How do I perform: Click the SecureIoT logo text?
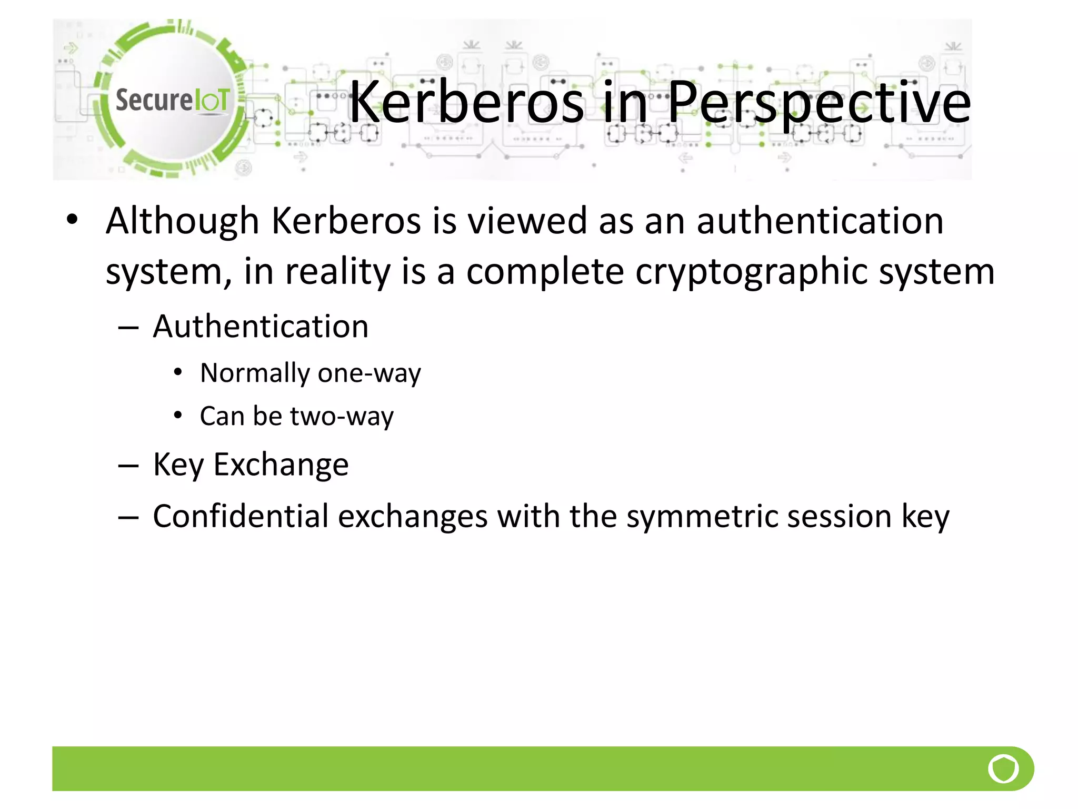(x=172, y=100)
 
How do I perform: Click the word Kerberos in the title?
(x=466, y=102)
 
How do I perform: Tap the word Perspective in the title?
(x=819, y=103)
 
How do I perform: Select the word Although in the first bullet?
(x=182, y=221)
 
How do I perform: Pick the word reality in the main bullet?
(x=338, y=272)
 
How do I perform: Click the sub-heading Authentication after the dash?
(x=261, y=327)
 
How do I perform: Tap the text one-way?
(x=369, y=373)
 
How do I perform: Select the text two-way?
(x=342, y=417)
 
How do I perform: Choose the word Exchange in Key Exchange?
(x=281, y=465)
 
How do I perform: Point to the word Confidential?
(x=241, y=516)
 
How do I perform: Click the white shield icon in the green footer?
(x=1003, y=768)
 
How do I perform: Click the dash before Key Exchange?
(x=128, y=466)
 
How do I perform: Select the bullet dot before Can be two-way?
(x=178, y=416)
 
